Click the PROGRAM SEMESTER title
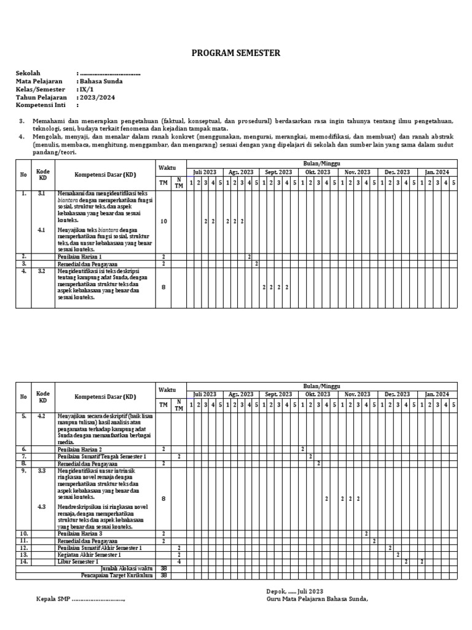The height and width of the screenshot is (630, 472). pyautogui.click(x=236, y=54)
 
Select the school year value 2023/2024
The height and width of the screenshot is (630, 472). pyautogui.click(x=96, y=97)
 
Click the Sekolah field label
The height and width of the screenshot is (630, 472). pyautogui.click(x=29, y=73)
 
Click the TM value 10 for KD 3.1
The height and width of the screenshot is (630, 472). pyautogui.click(x=163, y=221)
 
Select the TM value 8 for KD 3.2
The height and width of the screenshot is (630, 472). pyautogui.click(x=163, y=287)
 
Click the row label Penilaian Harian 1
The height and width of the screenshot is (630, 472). pyautogui.click(x=80, y=256)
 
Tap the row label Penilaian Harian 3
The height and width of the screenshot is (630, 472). pyautogui.click(x=80, y=533)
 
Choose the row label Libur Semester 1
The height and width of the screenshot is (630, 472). pyautogui.click(x=78, y=562)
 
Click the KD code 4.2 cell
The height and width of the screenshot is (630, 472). pyautogui.click(x=42, y=416)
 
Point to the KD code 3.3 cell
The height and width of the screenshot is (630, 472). pyautogui.click(x=42, y=471)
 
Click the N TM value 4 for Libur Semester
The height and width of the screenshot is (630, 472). pyautogui.click(x=179, y=562)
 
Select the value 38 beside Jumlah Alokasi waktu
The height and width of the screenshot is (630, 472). pyautogui.click(x=163, y=569)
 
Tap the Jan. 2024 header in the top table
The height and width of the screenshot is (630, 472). pyautogui.click(x=437, y=172)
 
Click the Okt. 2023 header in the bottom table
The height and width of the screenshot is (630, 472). pyautogui.click(x=318, y=394)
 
